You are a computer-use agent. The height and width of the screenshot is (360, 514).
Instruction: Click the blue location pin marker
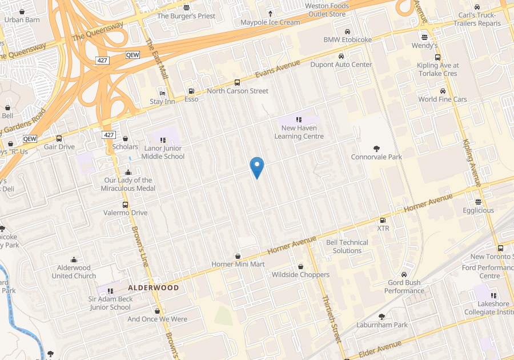[257, 167]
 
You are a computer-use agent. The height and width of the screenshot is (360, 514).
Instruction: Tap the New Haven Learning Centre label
[299, 132]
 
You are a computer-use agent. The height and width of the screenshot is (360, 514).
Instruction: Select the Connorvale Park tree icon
[376, 149]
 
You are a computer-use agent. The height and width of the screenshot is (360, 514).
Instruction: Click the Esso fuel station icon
[191, 91]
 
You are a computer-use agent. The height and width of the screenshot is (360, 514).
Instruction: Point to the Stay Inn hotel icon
[163, 93]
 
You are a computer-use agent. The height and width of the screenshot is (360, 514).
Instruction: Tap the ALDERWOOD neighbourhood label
[153, 287]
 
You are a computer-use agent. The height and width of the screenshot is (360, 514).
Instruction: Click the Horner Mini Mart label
[238, 264]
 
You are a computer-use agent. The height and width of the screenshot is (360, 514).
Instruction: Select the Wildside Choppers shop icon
[300, 266]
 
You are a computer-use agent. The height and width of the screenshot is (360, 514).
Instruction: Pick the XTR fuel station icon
[383, 220]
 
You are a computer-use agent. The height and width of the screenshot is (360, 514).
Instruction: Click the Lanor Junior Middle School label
[163, 153]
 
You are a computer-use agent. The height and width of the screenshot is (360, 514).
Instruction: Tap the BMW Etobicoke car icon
[347, 31]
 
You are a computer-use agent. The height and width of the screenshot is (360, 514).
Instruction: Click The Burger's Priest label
[186, 16]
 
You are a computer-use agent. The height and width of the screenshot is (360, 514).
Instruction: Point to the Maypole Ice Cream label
[270, 22]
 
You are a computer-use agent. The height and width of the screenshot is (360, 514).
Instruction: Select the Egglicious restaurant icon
[478, 202]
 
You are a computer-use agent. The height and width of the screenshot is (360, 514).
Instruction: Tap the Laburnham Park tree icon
[382, 317]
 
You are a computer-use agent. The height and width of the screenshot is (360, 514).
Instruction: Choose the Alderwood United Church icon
[74, 259]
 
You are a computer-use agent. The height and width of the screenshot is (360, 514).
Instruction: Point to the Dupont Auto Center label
[341, 65]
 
